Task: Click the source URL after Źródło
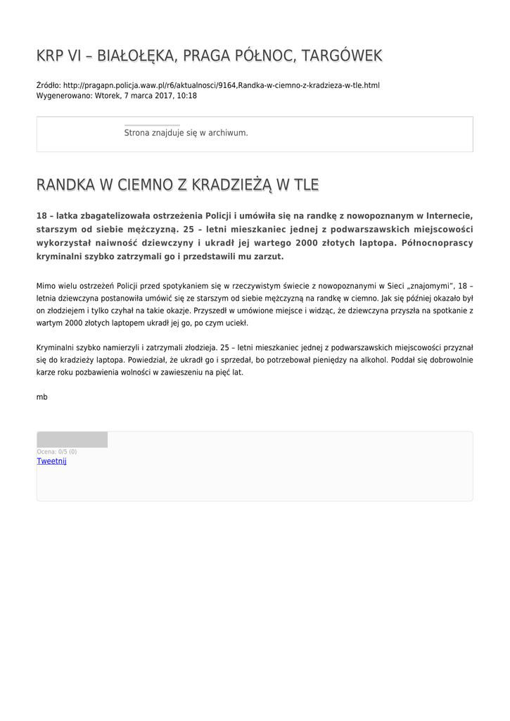click(x=221, y=85)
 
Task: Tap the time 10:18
click(x=187, y=95)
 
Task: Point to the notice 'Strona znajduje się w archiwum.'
click(x=186, y=132)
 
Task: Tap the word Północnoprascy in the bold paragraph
click(x=437, y=243)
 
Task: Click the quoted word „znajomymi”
click(x=424, y=286)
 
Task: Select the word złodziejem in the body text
click(x=66, y=310)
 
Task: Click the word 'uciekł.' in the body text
click(x=236, y=322)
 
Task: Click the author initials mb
click(x=42, y=397)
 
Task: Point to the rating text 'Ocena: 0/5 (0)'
click(x=57, y=451)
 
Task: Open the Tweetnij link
click(x=51, y=461)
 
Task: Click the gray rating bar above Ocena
click(x=72, y=440)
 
